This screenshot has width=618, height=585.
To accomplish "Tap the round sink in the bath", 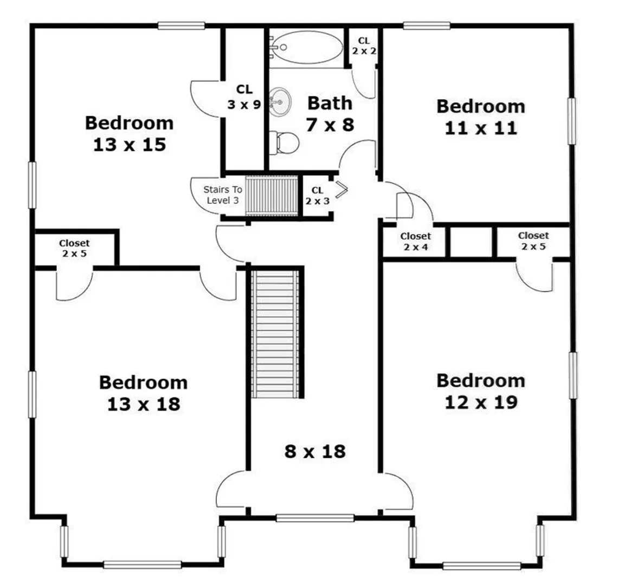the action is [x=280, y=102].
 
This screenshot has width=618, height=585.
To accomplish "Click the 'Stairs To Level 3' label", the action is [x=223, y=195].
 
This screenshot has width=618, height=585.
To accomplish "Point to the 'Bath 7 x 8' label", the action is [x=330, y=114].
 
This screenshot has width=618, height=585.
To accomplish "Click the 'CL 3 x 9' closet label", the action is [x=244, y=97].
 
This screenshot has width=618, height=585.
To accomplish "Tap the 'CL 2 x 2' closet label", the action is [x=364, y=45].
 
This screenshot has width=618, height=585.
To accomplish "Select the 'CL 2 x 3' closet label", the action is [x=317, y=196].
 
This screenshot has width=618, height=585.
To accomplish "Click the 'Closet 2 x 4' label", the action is [x=415, y=242].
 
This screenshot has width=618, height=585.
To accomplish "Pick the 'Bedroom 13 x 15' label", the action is [x=129, y=134].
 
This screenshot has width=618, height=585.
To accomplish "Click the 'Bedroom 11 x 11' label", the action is [x=481, y=117].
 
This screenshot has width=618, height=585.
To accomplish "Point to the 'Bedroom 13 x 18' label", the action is [x=144, y=393].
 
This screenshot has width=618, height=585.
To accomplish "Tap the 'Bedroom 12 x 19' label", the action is [x=481, y=391].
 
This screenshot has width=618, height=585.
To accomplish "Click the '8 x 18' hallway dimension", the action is [x=315, y=451].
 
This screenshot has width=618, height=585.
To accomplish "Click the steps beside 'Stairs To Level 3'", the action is [x=272, y=196].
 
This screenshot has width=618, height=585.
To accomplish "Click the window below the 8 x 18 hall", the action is [x=315, y=518].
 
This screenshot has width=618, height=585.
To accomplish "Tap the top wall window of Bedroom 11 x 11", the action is [x=427, y=25].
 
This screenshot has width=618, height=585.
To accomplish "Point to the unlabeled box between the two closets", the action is [x=471, y=242].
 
